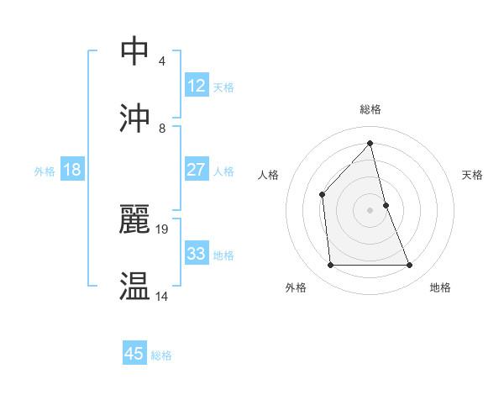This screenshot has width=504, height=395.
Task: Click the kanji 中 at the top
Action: tap(135, 50)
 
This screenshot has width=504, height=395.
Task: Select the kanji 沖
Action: tap(135, 117)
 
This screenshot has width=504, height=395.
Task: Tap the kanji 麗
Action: tap(135, 219)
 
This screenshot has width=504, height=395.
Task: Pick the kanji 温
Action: tap(135, 287)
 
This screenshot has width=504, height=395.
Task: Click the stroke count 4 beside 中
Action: tap(162, 61)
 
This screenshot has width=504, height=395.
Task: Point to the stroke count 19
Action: tap(163, 229)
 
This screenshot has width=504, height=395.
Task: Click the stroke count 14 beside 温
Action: tap(162, 297)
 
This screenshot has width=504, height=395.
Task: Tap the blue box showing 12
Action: tap(197, 86)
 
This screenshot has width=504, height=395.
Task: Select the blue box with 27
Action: tap(197, 170)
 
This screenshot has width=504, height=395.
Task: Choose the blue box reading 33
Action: tap(197, 254)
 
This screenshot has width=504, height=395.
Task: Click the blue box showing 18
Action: tap(72, 170)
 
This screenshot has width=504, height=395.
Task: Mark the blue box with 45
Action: tap(134, 354)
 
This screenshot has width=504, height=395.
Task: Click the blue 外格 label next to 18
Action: tap(45, 171)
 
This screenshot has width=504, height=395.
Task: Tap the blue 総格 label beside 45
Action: tap(161, 355)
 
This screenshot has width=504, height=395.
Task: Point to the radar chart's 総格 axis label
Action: tap(370, 109)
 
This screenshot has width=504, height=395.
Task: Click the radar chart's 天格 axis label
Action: tap(473, 175)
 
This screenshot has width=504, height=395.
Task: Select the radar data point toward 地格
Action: tap(410, 266)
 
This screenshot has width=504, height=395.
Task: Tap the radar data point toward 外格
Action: tap(330, 266)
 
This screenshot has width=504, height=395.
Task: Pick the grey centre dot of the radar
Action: tap(370, 210)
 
